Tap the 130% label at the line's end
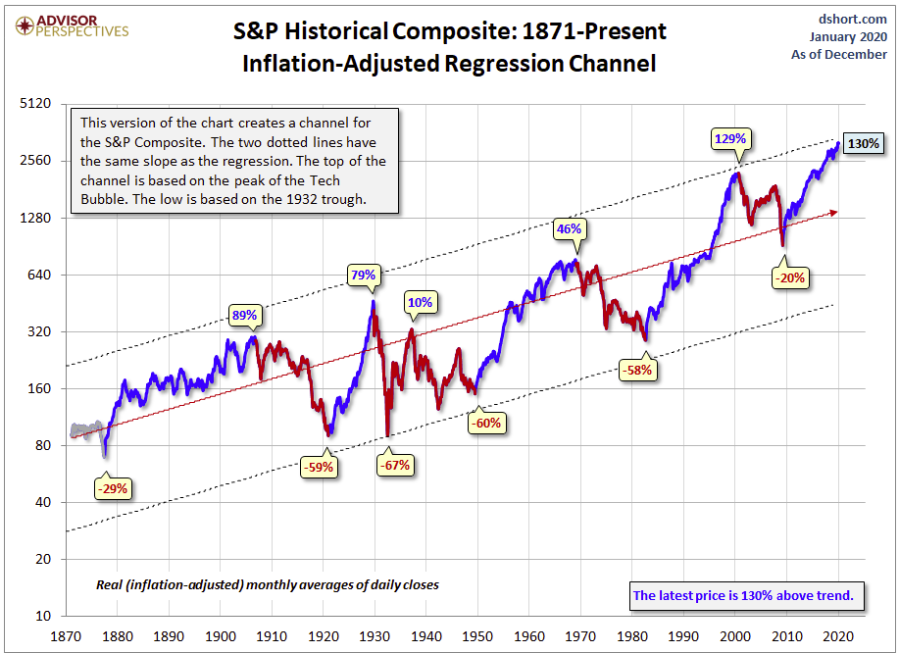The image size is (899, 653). [x=864, y=144]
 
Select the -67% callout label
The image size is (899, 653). [x=397, y=466]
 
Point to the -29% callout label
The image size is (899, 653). [x=112, y=487]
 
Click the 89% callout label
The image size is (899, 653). [x=244, y=315]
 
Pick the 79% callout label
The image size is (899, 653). [x=363, y=276]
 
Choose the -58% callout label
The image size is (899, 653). [x=636, y=371]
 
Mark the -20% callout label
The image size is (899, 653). [x=789, y=277]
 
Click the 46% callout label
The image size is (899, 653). [x=570, y=229]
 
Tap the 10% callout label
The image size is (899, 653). [x=421, y=302]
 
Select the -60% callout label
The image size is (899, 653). [x=486, y=423]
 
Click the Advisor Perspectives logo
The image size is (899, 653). [x=66, y=25]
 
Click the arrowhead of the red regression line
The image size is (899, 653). [x=833, y=211]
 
